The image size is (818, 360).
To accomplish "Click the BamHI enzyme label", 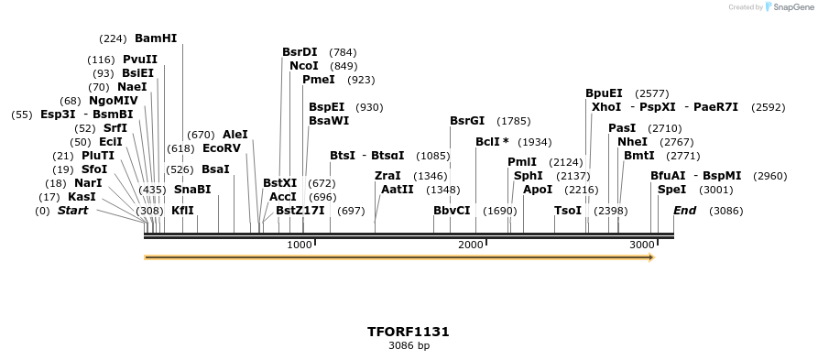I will tap(156, 38).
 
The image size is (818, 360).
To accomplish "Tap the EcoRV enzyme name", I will tap(221, 147).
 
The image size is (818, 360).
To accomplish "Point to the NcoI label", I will tap(303, 66).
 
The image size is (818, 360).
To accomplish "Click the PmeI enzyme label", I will tap(318, 80).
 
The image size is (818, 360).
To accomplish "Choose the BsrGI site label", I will tap(467, 121).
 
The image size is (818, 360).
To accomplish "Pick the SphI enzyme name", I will tap(528, 175).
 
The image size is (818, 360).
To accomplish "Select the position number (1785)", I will tap(513, 121).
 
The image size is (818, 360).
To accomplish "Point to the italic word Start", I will tap(73, 211).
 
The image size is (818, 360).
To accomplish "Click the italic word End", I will tap(685, 211).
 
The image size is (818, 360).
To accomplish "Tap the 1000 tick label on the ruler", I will tap(300, 245).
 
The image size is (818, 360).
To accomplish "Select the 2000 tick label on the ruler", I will tap(471, 245).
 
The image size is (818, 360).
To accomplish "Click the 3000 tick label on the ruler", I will tap(642, 245).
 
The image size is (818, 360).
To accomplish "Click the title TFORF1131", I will tap(409, 332).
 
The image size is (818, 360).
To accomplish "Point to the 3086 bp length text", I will tap(409, 346).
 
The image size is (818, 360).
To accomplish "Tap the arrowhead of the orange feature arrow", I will tap(651, 258).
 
